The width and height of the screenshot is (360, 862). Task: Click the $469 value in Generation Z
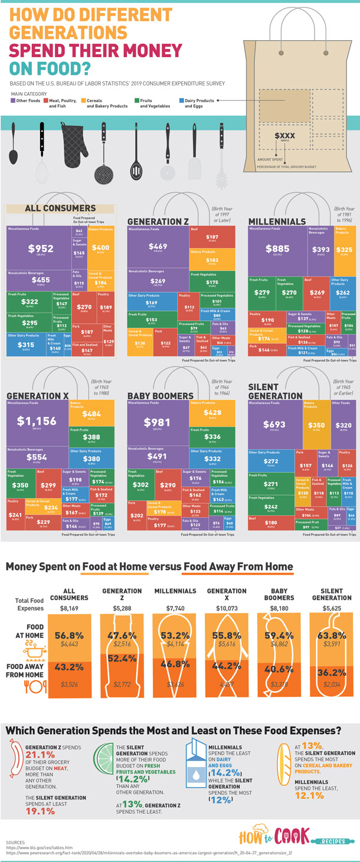click(158, 246)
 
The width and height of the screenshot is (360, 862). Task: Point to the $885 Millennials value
click(277, 248)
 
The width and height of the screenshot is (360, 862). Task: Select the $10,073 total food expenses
click(227, 608)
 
